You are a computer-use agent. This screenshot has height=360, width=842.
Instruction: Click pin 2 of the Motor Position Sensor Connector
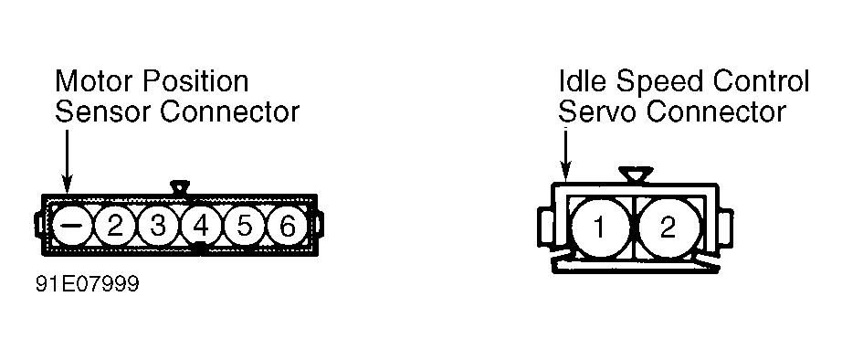114,226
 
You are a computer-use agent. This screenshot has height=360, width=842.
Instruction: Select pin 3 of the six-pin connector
157,226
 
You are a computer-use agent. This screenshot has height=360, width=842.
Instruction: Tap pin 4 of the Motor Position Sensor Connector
200,226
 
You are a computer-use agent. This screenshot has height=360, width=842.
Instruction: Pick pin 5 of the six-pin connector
244,226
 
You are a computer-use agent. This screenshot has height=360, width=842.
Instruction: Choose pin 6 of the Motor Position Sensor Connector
288,226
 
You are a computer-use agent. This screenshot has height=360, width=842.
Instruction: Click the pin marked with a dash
71,226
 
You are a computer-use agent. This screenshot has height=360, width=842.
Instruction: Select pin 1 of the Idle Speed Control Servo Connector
600,228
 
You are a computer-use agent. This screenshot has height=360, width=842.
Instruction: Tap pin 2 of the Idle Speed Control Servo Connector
668,228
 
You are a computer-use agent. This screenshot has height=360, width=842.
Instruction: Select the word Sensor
102,112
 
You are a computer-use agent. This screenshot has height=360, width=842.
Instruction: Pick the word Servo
598,112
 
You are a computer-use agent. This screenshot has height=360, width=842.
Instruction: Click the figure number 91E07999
88,284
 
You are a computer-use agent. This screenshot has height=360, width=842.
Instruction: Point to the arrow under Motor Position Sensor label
67,162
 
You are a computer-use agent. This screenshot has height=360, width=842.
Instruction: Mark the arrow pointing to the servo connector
565,155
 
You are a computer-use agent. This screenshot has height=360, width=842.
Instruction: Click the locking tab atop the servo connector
636,175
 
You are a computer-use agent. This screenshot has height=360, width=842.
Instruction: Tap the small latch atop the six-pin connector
180,187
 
